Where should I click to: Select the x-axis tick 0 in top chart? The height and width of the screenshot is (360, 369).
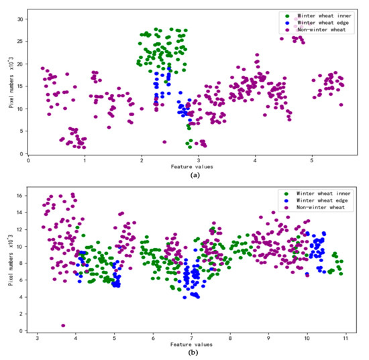(28, 161)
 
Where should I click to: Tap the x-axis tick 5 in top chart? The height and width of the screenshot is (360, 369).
(312, 161)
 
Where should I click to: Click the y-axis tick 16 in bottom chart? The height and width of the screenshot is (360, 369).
(20, 195)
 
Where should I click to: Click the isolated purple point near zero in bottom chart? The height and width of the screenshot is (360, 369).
(63, 326)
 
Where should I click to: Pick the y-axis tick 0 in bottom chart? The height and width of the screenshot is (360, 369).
(22, 331)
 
